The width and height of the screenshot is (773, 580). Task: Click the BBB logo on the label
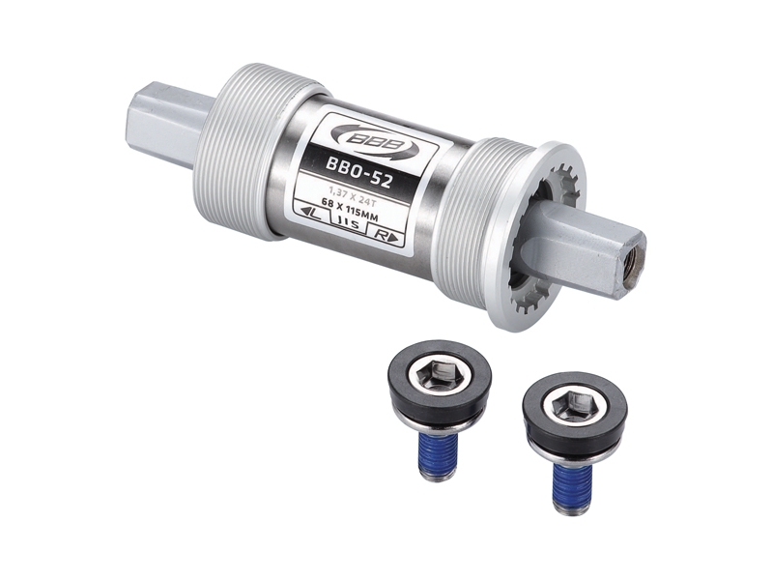click(375, 141)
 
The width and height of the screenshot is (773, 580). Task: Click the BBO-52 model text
click(358, 172)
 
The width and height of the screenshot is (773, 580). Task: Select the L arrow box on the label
click(312, 214)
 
